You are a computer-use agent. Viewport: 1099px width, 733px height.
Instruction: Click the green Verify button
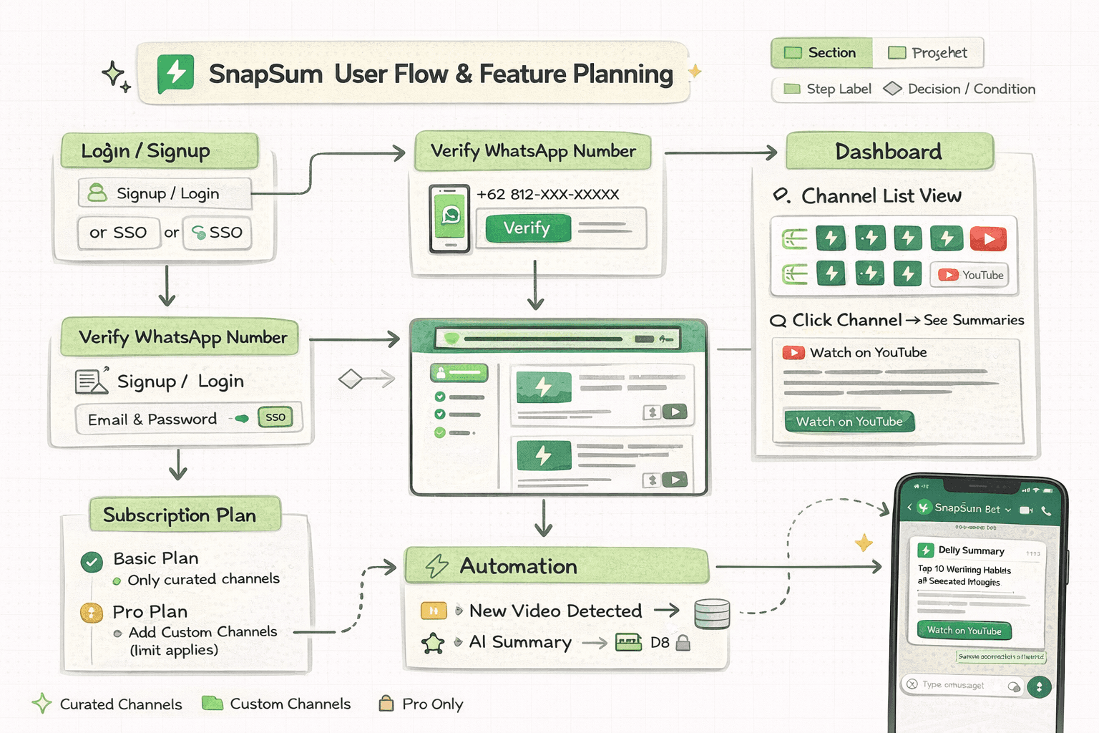pyautogui.click(x=527, y=228)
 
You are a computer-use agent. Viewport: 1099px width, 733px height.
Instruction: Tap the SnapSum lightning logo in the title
pyautogui.click(x=175, y=73)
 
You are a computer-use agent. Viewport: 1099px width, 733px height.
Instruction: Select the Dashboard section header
pyautogui.click(x=889, y=152)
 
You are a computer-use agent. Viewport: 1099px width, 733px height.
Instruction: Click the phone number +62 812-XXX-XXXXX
pyautogui.click(x=547, y=195)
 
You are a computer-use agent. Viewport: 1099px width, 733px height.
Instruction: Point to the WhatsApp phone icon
pyautogui.click(x=450, y=218)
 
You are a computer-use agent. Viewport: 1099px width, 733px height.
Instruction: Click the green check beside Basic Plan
pyautogui.click(x=92, y=562)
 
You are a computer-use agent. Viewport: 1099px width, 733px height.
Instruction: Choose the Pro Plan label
pyautogui.click(x=150, y=612)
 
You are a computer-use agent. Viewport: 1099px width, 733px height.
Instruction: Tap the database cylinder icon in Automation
pyautogui.click(x=712, y=614)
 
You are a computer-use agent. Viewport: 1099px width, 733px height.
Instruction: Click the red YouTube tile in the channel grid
pyautogui.click(x=988, y=238)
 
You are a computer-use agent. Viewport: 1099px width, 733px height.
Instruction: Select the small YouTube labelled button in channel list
pyautogui.click(x=969, y=275)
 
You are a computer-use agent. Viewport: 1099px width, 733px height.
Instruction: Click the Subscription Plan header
pyautogui.click(x=180, y=515)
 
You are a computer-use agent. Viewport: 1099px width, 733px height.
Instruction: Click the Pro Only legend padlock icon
pyautogui.click(x=386, y=704)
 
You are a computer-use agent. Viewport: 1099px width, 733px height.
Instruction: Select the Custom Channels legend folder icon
pyautogui.click(x=213, y=703)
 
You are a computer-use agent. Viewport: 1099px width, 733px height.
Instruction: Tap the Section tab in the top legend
pyautogui.click(x=821, y=53)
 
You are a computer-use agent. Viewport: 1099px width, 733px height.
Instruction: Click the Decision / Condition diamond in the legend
pyautogui.click(x=892, y=89)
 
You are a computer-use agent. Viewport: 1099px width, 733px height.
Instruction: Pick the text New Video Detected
pyautogui.click(x=555, y=611)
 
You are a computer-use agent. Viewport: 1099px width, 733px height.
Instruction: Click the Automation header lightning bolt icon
pyautogui.click(x=437, y=565)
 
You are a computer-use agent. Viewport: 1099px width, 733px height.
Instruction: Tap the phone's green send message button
pyautogui.click(x=1039, y=687)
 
